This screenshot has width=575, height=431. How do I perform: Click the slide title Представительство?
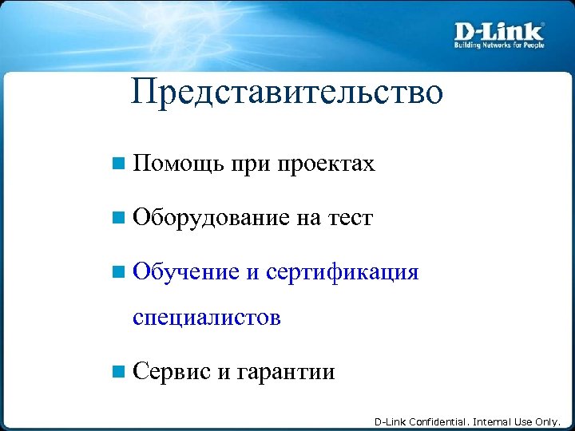[x=287, y=93]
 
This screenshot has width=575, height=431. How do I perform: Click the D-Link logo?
[x=499, y=31]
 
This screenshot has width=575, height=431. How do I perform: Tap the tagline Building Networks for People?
[x=499, y=45]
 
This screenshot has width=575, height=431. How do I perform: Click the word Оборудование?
[x=211, y=218]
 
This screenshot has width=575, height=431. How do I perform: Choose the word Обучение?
[x=186, y=272]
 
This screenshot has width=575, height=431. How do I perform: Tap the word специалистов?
[x=207, y=318]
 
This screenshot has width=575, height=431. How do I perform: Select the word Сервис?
[x=172, y=372]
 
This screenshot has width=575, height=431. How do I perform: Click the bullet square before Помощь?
[x=118, y=165]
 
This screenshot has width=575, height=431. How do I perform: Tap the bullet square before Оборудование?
[x=118, y=218]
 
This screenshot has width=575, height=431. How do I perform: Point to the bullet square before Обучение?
[x=118, y=272]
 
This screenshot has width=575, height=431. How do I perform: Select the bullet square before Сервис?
[x=118, y=372]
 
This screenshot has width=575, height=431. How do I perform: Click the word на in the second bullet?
[x=308, y=218]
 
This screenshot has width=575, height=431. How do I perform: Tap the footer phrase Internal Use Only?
[x=517, y=421]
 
